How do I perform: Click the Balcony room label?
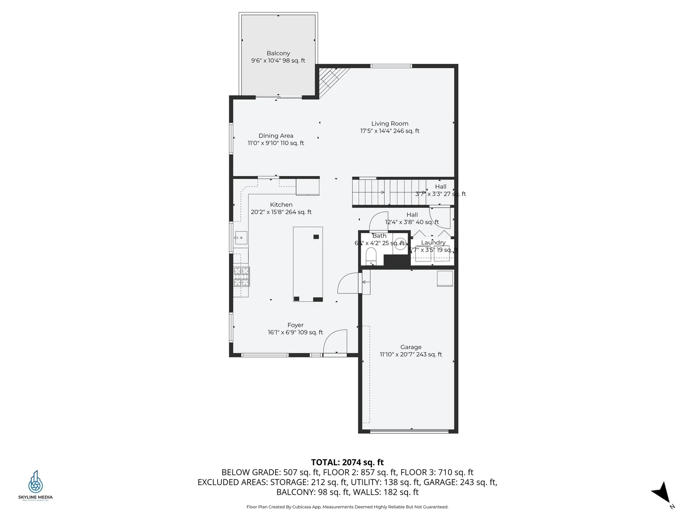(278, 53)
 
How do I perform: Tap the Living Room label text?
(389, 123)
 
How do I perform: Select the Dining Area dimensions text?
(275, 143)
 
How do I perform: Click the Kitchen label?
(281, 204)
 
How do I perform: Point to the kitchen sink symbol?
(241, 238)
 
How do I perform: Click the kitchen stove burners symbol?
(241, 276)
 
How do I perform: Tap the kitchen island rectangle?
(308, 264)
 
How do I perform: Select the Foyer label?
(295, 325)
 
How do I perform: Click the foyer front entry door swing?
(336, 342)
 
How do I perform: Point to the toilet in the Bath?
(371, 256)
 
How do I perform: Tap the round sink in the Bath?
(400, 243)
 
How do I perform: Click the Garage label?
(411, 347)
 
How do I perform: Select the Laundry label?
(433, 242)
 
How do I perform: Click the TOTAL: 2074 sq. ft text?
(347, 462)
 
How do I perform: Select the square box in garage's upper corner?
(445, 278)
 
